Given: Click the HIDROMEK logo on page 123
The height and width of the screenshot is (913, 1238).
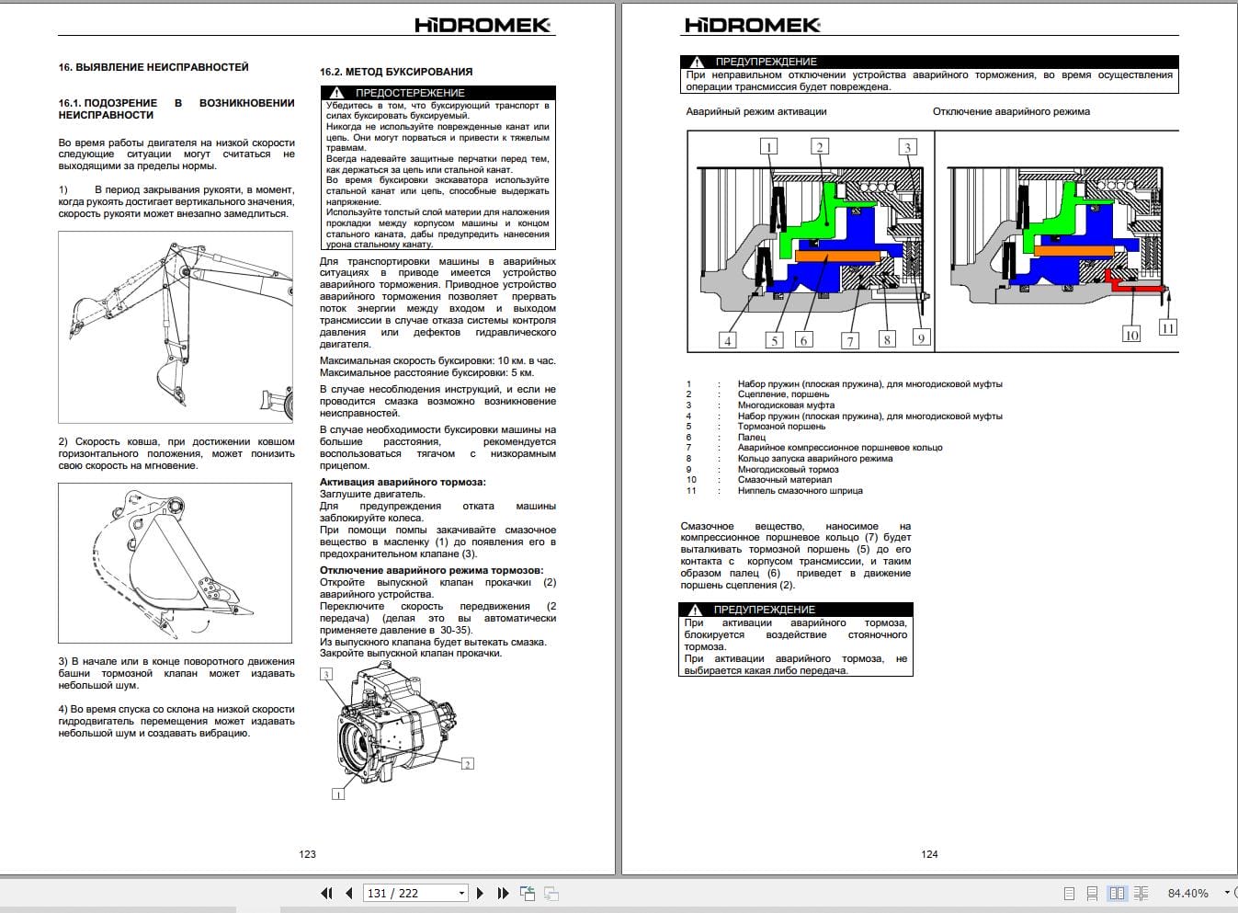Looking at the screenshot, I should (x=483, y=25).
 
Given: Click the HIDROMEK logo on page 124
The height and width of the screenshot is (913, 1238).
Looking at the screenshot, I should (x=752, y=25).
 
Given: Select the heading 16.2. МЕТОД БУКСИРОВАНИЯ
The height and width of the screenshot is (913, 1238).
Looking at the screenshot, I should (x=396, y=72).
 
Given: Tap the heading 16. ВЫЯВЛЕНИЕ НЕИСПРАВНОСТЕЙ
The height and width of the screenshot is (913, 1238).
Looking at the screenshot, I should (x=153, y=67).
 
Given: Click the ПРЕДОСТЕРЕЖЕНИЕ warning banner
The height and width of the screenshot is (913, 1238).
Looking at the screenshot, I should (x=438, y=93).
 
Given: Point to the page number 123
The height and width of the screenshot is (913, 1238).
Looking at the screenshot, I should (x=307, y=854).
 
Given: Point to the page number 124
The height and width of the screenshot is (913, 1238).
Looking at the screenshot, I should (x=929, y=854).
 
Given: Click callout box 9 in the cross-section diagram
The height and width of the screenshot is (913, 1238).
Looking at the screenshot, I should (x=920, y=337).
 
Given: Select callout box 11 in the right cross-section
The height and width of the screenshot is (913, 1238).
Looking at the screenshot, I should (x=1167, y=327).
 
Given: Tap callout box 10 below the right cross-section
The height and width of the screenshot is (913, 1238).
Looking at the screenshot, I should (x=1131, y=335).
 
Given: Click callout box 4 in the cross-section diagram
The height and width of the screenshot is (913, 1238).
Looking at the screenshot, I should (x=727, y=340).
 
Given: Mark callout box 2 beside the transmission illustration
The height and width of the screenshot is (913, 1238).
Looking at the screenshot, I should (x=467, y=764).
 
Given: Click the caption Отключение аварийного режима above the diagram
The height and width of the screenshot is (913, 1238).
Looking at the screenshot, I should (x=1011, y=112).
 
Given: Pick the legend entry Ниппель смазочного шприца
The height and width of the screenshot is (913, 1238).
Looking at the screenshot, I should (x=800, y=491).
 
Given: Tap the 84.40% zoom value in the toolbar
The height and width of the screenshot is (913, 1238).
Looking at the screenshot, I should (x=1187, y=893).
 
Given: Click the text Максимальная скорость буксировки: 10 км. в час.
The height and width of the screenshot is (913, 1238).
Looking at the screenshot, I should (x=437, y=361).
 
